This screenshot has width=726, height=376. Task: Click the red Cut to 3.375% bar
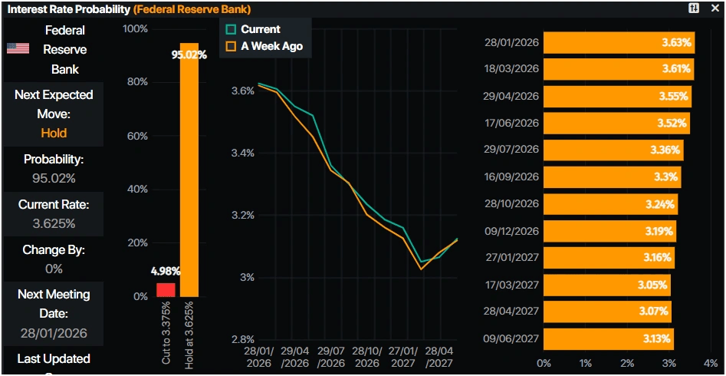(x=166, y=289)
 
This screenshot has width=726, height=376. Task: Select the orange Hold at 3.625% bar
(x=189, y=169)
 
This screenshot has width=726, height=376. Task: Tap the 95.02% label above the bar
(x=189, y=54)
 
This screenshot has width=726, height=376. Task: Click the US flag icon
(x=18, y=48)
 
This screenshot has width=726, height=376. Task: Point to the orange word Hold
(x=54, y=133)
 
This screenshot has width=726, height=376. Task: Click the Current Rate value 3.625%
(x=54, y=223)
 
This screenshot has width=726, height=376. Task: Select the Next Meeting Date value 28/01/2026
(x=54, y=333)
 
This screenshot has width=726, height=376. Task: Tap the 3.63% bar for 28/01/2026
(x=618, y=43)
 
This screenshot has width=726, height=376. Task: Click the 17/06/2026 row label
(x=512, y=123)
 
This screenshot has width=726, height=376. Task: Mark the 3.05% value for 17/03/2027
(x=653, y=285)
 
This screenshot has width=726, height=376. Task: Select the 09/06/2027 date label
(x=512, y=338)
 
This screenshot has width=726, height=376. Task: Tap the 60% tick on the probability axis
(x=136, y=136)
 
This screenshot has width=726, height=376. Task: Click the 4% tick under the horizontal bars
(x=710, y=362)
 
